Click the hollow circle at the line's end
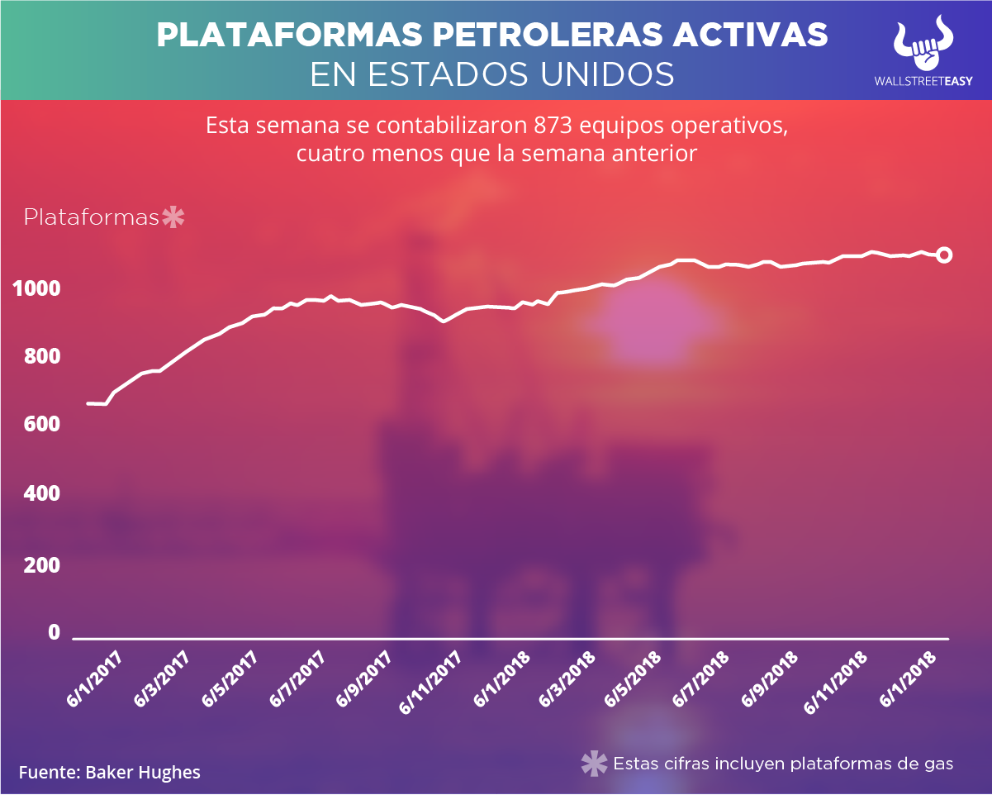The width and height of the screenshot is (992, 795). (x=944, y=255)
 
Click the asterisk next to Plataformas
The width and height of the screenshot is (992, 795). (x=173, y=218)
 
